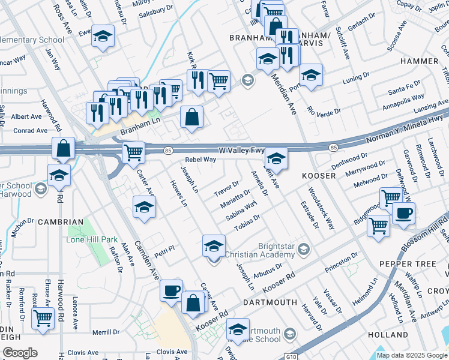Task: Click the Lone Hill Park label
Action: (92, 239)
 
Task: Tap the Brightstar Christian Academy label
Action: (265, 250)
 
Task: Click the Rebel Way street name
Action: (200, 160)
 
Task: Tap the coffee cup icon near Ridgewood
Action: (404, 213)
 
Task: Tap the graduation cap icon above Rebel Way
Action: (276, 158)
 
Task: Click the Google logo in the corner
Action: (20, 353)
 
